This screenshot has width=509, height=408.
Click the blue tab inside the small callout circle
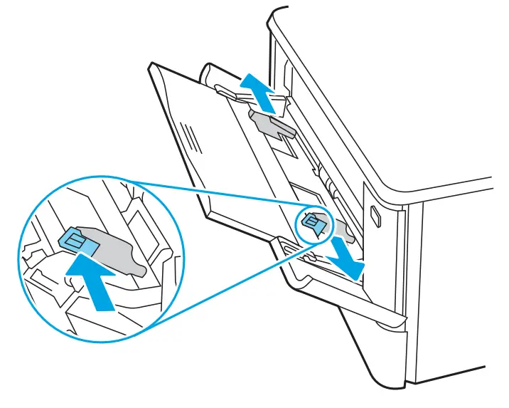(x=311, y=224)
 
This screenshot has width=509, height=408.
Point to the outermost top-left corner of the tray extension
(x=151, y=66)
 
